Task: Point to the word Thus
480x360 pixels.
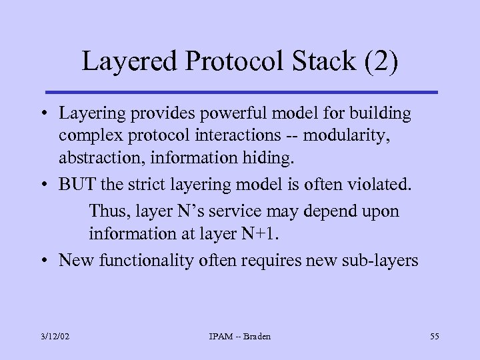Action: [109, 212]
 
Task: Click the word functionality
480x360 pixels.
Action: [146, 260]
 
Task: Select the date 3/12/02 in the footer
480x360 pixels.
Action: [54, 337]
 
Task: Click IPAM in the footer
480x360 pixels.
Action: [221, 337]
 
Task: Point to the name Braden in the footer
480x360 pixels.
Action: [257, 337]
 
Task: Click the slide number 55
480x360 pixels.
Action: [434, 337]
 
